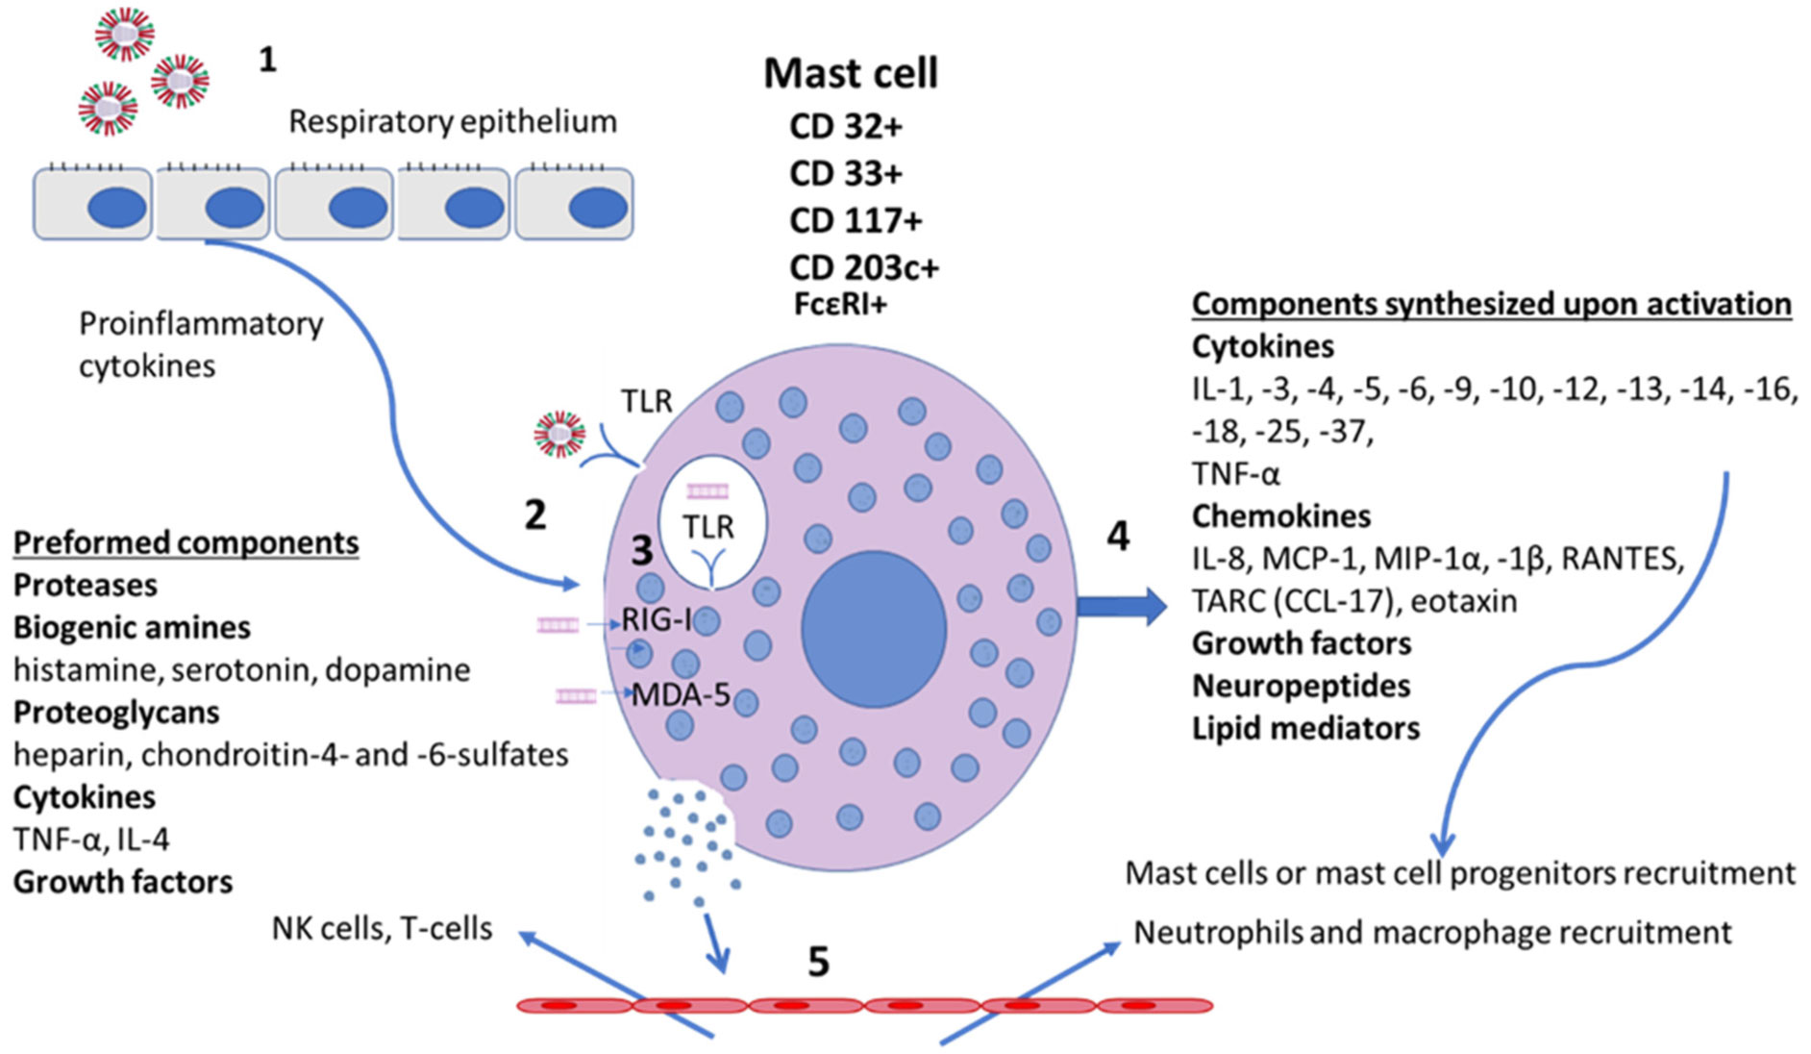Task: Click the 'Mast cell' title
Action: [851, 74]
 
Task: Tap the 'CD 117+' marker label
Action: [856, 221]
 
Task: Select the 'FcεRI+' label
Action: [840, 305]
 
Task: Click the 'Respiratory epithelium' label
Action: [453, 122]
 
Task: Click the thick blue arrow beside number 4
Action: [1121, 606]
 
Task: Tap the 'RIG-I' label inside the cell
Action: [657, 619]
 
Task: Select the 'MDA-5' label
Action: [681, 694]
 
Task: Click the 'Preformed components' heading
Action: [186, 543]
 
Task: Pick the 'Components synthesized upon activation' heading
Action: [1491, 304]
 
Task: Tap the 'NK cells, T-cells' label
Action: [382, 929]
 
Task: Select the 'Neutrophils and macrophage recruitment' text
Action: [1432, 933]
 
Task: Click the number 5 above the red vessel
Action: [818, 962]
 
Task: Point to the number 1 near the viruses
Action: [268, 61]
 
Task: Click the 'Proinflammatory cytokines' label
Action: [200, 344]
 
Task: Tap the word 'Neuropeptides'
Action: [1301, 687]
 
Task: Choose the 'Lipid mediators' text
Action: [1305, 729]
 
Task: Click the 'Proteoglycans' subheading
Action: [116, 713]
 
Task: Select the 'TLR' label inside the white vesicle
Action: [708, 527]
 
